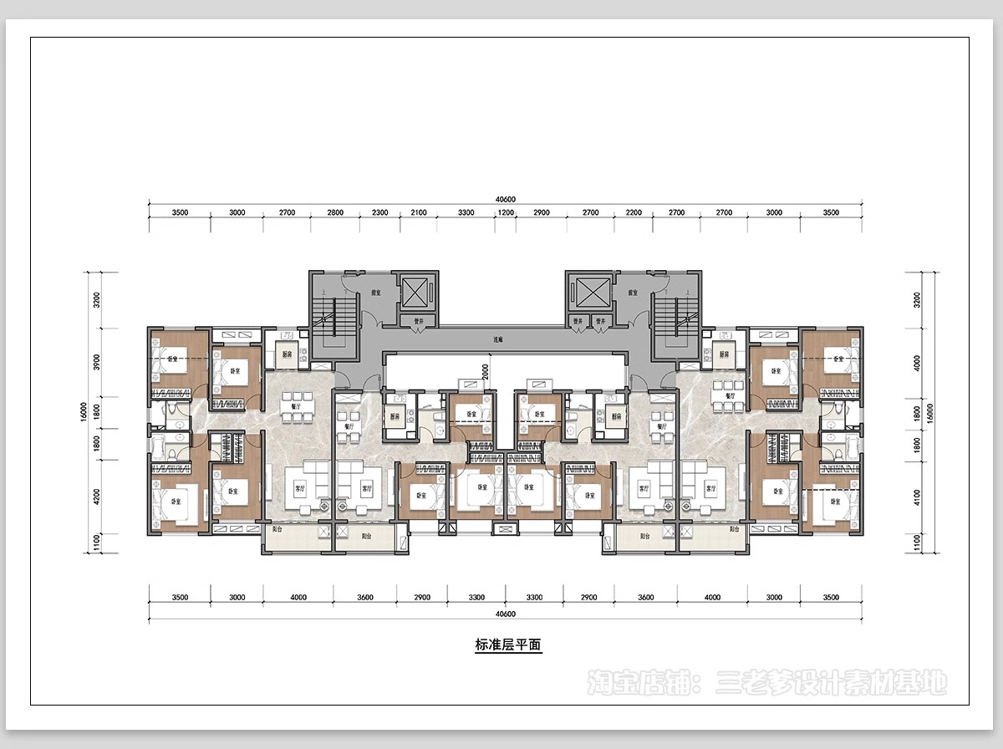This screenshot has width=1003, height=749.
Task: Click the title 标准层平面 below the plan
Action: pyautogui.click(x=508, y=645)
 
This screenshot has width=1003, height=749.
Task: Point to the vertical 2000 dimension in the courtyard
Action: pyautogui.click(x=486, y=370)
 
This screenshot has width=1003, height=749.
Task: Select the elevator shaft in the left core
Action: pyautogui.click(x=415, y=293)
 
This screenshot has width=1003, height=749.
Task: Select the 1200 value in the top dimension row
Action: pyautogui.click(x=506, y=212)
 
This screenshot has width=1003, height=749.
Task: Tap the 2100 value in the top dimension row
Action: pyautogui.click(x=418, y=212)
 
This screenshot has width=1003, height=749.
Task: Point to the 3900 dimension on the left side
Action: pyautogui.click(x=96, y=361)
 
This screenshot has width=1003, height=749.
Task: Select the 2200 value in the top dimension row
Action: pyautogui.click(x=634, y=212)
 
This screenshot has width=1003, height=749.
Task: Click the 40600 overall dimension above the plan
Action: pyautogui.click(x=505, y=199)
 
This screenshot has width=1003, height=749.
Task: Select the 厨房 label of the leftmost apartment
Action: pyautogui.click(x=285, y=354)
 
